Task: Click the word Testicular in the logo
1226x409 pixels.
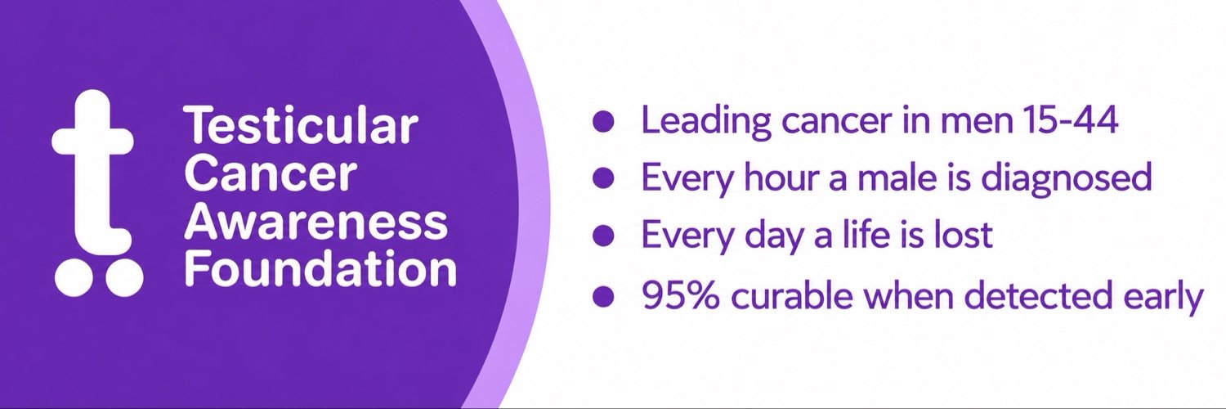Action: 301,126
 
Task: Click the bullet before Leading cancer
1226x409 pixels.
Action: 602,121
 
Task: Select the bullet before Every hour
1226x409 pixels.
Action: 602,178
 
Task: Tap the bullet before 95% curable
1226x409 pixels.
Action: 602,296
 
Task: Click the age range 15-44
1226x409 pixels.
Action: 1069,120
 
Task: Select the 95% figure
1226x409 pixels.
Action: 680,296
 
